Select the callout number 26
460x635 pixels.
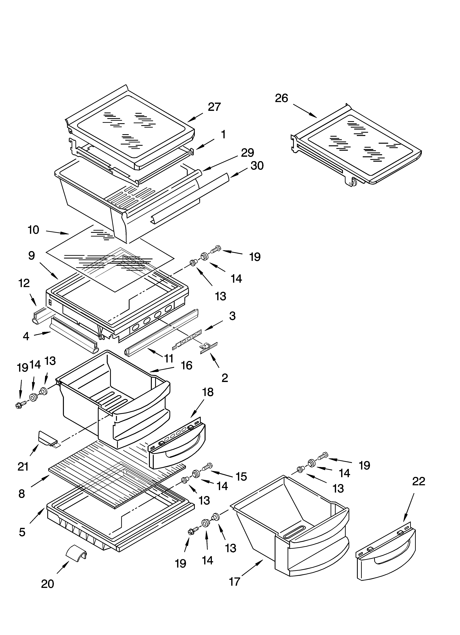281,98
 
